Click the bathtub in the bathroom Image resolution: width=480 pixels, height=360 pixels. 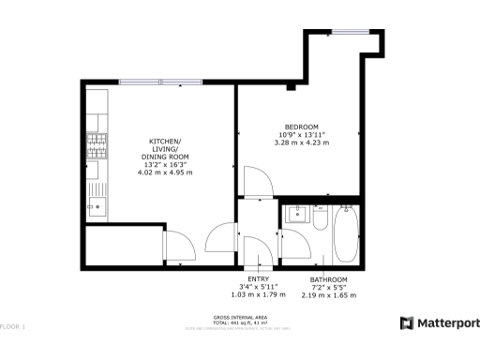(345, 234)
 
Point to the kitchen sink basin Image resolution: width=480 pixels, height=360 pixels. (97, 202)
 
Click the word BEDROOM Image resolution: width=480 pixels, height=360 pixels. (302, 127)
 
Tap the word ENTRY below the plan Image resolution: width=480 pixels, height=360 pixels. (258, 279)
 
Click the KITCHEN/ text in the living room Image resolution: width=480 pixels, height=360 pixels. (165, 141)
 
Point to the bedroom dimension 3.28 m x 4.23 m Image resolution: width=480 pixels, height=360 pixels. (302, 142)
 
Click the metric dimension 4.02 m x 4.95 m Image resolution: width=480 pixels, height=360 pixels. (165, 172)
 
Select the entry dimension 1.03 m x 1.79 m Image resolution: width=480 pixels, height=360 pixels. (258, 295)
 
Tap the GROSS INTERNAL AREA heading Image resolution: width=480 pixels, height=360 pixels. (241, 317)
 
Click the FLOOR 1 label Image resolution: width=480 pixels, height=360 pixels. (13, 326)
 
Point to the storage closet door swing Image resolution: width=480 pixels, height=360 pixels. (180, 247)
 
